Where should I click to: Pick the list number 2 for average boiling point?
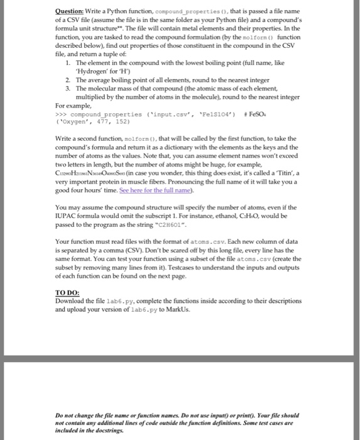point(67,80)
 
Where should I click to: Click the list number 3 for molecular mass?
point(67,89)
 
